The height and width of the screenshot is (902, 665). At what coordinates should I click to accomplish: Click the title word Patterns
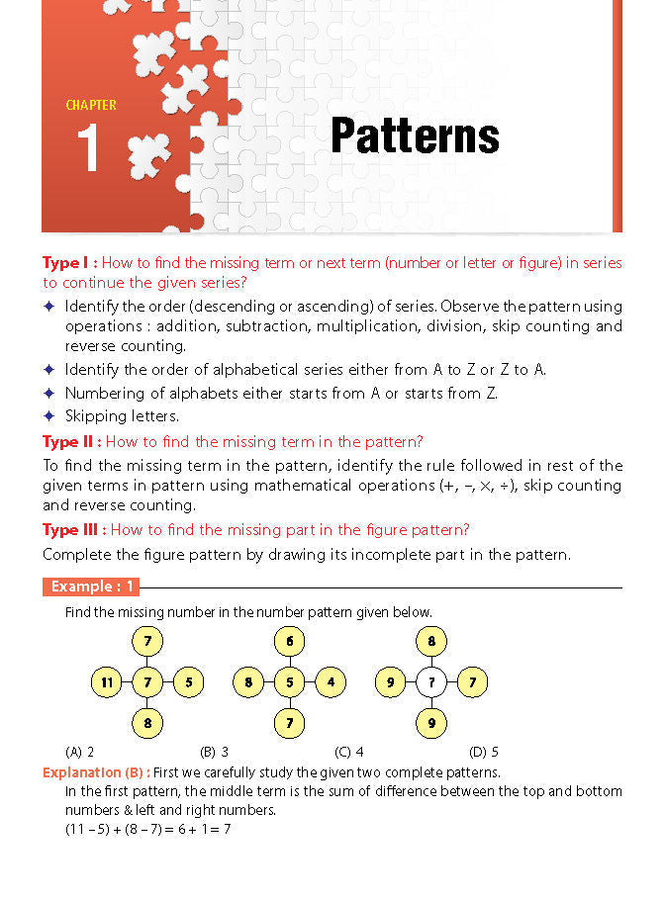[x=415, y=135]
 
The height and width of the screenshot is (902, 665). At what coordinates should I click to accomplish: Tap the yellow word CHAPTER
[x=91, y=105]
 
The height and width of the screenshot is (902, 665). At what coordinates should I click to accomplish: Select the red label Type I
[x=69, y=263]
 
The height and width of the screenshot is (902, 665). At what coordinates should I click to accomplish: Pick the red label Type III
[x=75, y=529]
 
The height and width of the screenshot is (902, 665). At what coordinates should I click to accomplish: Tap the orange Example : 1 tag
[x=91, y=587]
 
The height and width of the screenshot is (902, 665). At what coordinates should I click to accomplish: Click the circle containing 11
[x=106, y=681]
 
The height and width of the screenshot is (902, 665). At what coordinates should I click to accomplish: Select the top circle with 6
[x=289, y=641]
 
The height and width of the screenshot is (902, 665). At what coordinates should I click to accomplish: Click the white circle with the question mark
[x=431, y=681]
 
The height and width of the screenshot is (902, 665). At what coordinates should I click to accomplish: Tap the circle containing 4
[x=331, y=681]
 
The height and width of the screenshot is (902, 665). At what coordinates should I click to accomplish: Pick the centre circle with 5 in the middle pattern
[x=289, y=681]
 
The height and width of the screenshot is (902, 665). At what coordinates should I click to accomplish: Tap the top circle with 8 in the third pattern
[x=431, y=641]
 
